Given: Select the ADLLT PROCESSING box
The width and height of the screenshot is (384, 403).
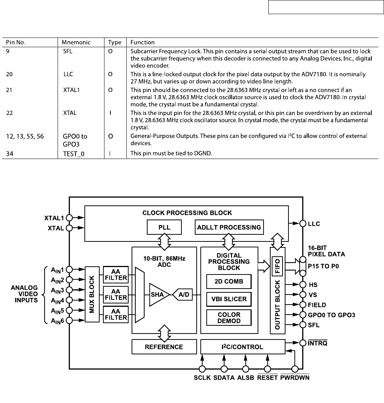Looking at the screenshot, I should click(229, 227).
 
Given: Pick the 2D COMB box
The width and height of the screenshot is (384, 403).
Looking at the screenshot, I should click(229, 282).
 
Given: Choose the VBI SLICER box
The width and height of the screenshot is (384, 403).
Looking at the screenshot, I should click(229, 299).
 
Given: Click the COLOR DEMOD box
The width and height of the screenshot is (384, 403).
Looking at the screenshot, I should click(229, 318).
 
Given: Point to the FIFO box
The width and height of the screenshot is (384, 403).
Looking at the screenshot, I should click(277, 266).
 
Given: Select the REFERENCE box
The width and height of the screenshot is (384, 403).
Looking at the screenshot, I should click(164, 347).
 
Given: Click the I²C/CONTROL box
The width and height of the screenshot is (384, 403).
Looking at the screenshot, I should click(242, 347).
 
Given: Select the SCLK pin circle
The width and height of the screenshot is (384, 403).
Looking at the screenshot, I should click(203, 369).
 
